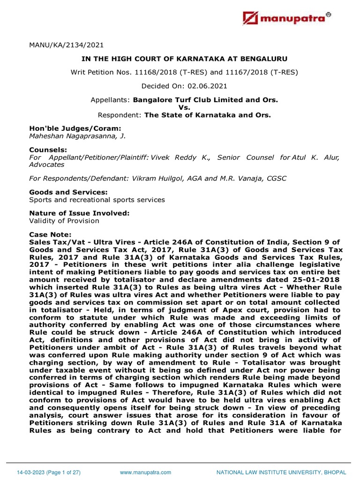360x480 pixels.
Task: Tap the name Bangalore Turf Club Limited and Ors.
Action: click(x=205, y=100)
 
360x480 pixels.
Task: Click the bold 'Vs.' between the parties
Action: click(x=184, y=107)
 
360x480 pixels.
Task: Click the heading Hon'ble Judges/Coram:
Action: click(x=68, y=128)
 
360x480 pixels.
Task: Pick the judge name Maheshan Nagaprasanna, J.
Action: click(x=77, y=136)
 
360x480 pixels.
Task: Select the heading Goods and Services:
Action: click(x=68, y=192)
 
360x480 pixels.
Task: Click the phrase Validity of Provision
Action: click(x=64, y=221)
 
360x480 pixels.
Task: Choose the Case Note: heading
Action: click(x=51, y=234)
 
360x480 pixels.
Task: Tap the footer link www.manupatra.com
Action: click(x=145, y=472)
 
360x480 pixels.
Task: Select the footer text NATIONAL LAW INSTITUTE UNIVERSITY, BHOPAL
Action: click(x=281, y=472)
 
